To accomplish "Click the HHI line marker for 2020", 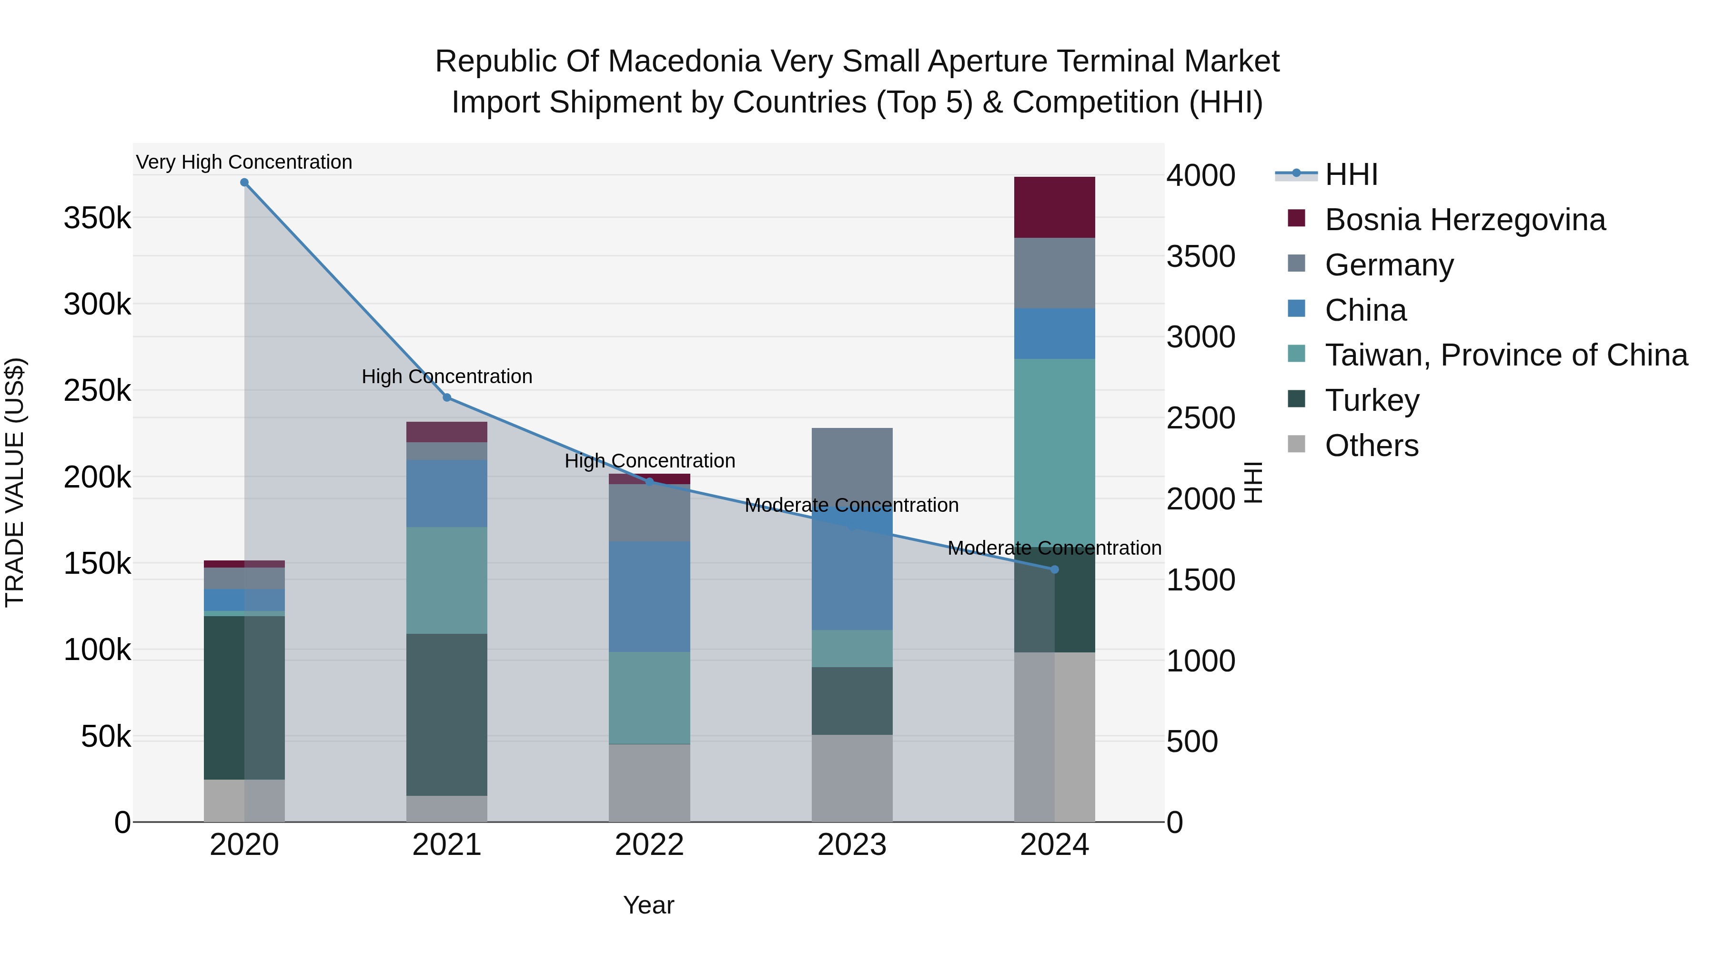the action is coord(244,183).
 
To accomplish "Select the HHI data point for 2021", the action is coord(447,397).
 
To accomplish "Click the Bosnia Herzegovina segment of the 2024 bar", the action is coord(1055,207).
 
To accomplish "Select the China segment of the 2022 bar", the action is coord(649,597).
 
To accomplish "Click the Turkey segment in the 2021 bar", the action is coord(447,715).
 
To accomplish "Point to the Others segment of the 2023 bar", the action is coord(852,779).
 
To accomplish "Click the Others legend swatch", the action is coord(1297,444).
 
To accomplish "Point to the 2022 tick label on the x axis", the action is coord(649,845).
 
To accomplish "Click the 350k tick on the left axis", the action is coord(97,218).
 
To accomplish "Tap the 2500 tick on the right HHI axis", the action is coord(1201,418).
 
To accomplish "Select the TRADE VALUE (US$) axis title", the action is coord(15,482).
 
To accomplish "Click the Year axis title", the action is coord(649,905).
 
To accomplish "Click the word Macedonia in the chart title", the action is coord(686,61).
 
